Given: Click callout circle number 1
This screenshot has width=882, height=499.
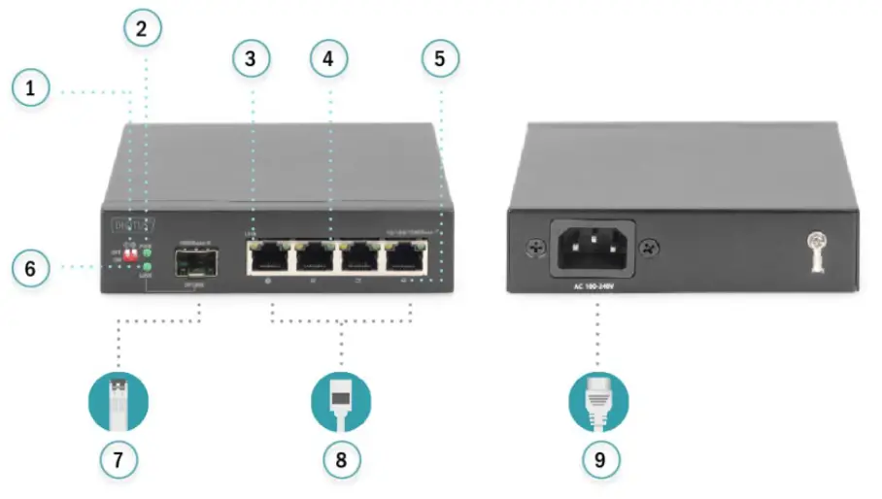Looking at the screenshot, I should coord(31,90).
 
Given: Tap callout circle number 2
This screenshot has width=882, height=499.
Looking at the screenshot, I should coord(143,28).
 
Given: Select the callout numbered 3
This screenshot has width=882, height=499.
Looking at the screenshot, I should coord(251,59).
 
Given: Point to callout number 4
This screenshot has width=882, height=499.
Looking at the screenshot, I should coord(328,59).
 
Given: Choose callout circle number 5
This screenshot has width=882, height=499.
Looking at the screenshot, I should coord(440,59).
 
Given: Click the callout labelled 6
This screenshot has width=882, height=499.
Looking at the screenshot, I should coord(31,268).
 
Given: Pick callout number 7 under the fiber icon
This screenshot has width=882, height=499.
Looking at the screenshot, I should coord(119,459).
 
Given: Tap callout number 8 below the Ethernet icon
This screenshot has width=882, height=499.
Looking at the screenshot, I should coord(341,459).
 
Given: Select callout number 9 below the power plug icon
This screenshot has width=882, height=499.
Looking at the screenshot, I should coord(598,459).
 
